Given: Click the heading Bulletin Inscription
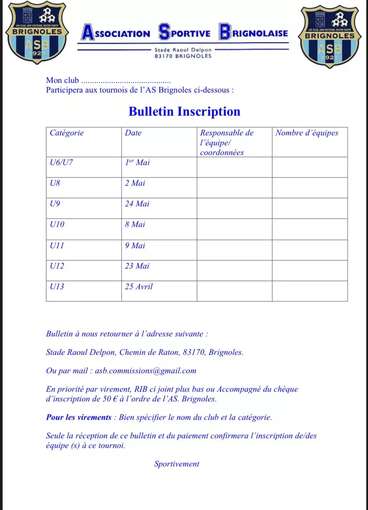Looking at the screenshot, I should [184, 112].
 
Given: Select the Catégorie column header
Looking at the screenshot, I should [67, 133].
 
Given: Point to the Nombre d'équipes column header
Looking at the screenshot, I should [307, 133].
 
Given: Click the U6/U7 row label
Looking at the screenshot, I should [61, 163].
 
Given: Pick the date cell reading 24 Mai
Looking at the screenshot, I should [137, 204].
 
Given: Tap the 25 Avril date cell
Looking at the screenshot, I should [139, 286].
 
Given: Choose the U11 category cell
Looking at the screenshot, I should [57, 245].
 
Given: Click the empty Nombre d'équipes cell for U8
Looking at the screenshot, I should [309, 188].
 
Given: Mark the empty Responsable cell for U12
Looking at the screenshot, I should [234, 270].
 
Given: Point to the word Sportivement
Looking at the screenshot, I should [177, 464].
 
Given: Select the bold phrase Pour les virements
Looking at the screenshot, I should [79, 417].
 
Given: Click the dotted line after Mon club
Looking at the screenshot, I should [128, 82].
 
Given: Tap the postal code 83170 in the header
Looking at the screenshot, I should [164, 56].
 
